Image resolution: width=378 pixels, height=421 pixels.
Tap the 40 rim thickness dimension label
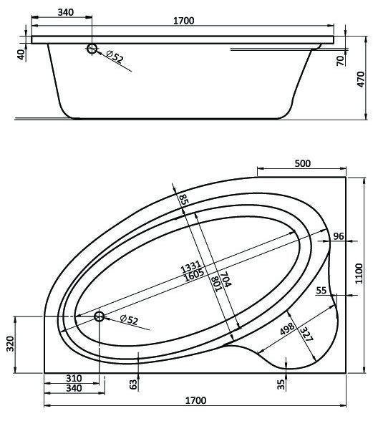pyautogui.click(x=21, y=52)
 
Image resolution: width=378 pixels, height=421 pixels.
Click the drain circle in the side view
pyautogui.click(x=92, y=49)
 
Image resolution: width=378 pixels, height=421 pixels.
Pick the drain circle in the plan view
pyautogui.click(x=99, y=318)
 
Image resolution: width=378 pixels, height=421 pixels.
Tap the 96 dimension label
pyautogui.click(x=339, y=236)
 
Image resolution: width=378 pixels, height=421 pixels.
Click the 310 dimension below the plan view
pyautogui.click(x=73, y=378)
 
